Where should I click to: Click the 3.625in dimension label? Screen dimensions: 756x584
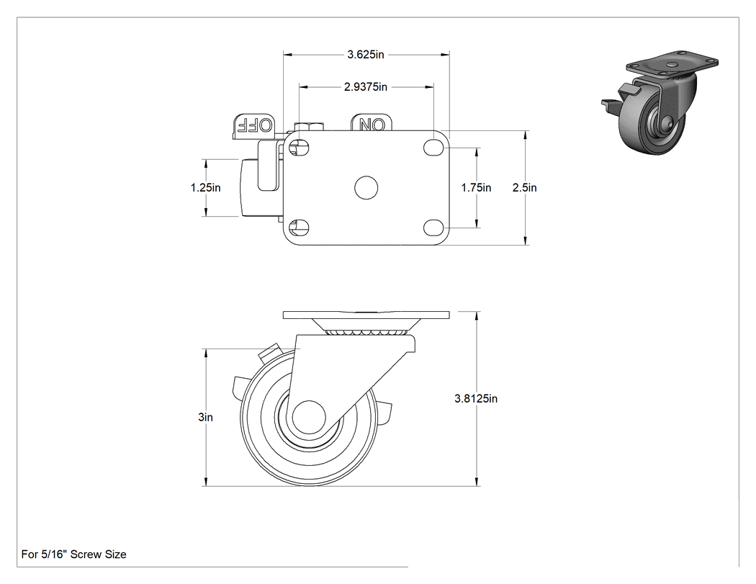click(366, 55)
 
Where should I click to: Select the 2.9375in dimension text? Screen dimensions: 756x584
click(366, 87)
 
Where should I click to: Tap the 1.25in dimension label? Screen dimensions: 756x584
click(205, 188)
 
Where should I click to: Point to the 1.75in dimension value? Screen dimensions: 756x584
click(476, 188)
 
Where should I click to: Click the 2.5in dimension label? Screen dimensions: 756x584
click(525, 188)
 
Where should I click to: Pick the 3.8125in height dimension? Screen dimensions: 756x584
click(476, 398)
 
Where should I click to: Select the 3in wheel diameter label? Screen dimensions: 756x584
click(205, 417)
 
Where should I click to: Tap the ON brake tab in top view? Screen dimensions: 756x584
click(372, 123)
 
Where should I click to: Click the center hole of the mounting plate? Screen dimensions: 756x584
click(366, 188)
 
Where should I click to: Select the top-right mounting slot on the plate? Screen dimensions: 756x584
click(433, 148)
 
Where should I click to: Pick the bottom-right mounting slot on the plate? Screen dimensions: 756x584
click(433, 227)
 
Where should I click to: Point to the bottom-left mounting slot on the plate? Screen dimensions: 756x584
click(299, 227)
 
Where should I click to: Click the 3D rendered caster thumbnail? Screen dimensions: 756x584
click(660, 102)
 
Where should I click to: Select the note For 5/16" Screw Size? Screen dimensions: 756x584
click(73, 554)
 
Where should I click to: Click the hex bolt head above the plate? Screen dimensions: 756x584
click(308, 127)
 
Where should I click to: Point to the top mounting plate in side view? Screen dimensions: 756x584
click(366, 315)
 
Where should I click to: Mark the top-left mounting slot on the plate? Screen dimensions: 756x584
click(299, 148)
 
